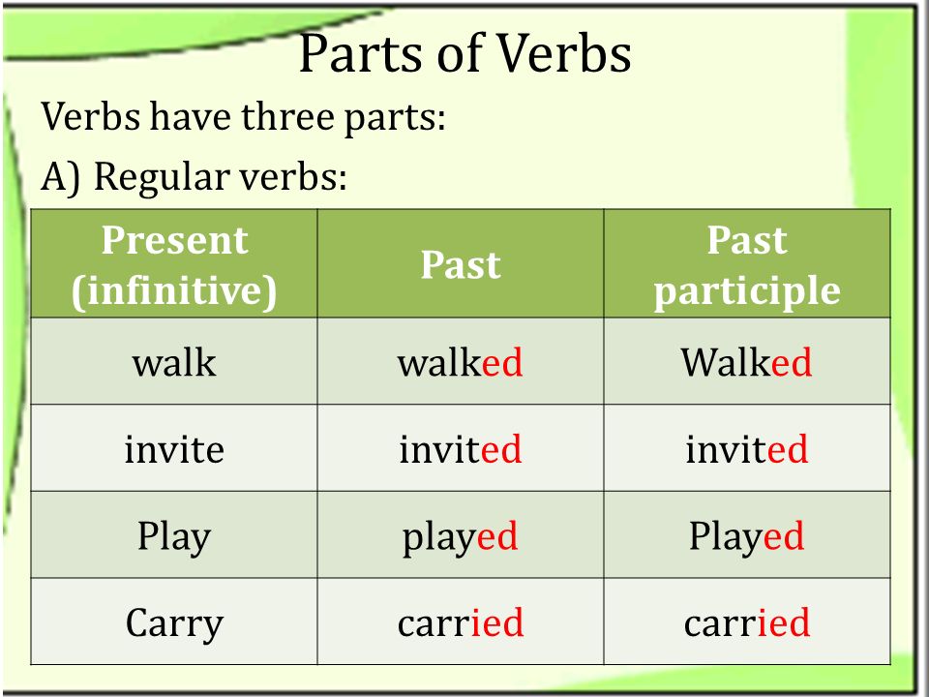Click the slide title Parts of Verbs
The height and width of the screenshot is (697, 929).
point(465,53)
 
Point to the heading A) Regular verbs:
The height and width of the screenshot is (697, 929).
point(194,176)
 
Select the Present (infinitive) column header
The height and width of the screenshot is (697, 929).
point(174,265)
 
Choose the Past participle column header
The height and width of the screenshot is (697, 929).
point(747,265)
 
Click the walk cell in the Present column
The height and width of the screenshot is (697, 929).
point(174,362)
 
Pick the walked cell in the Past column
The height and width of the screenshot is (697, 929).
point(461,362)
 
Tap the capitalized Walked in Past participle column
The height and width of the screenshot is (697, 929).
point(746,362)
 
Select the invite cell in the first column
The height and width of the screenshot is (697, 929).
point(174,448)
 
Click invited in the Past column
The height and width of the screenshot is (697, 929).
point(461,448)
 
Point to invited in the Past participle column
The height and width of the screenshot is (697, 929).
point(746,448)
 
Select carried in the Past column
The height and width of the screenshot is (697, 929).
point(461,622)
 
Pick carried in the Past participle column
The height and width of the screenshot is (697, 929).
point(746,622)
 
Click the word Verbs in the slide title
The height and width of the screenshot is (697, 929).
point(563,53)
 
